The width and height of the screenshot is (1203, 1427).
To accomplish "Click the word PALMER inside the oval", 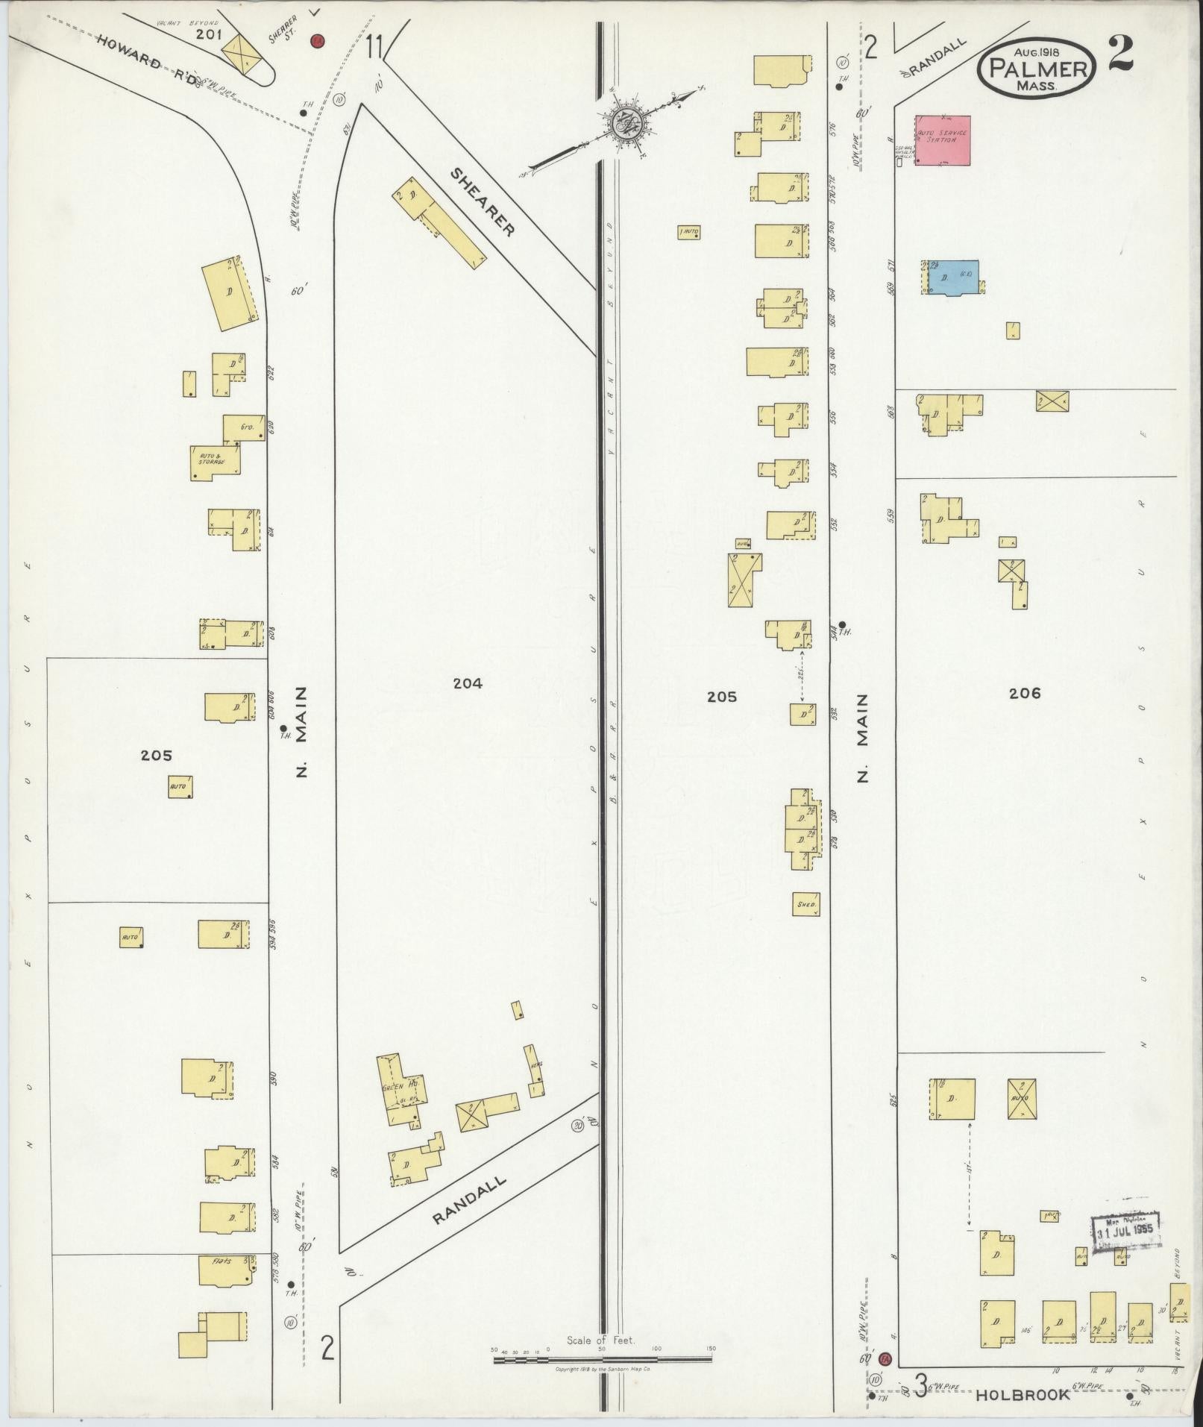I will [x=1037, y=70].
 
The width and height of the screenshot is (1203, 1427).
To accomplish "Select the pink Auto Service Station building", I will [x=943, y=139].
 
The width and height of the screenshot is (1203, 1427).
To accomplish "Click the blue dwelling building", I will [x=952, y=277].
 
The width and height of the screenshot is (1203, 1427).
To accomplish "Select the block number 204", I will [x=468, y=683].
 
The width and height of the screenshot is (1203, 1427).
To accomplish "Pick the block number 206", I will [x=1024, y=693].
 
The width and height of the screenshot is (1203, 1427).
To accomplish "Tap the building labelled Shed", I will [x=805, y=904].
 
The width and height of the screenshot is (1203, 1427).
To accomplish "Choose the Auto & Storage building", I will [x=214, y=462].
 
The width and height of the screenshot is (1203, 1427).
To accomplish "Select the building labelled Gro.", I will [x=244, y=427].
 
